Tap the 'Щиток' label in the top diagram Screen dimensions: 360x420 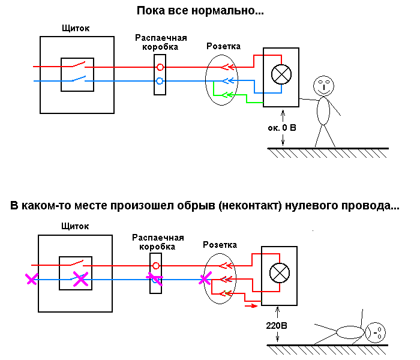coord(76,29)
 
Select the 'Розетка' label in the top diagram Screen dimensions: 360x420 coord(223,46)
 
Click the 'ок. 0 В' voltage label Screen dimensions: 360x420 coord(283,128)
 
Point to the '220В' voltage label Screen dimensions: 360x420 coord(277,328)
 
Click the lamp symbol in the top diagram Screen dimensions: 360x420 coord(280,75)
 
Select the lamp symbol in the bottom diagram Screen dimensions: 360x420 coord(278,274)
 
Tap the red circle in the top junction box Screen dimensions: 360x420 coord(160,66)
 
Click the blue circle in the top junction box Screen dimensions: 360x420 coord(160,80)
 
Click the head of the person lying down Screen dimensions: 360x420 coord(375,331)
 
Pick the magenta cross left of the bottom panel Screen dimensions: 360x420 coord(31,279)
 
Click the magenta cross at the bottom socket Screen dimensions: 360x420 coord(206,279)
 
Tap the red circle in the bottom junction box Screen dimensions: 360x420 coord(155,265)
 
